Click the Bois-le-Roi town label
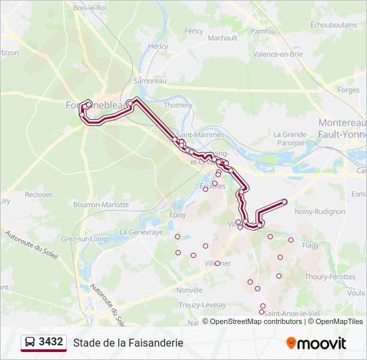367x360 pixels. (x=89, y=7)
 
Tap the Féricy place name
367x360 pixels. (x=194, y=31)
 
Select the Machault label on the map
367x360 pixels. (x=222, y=38)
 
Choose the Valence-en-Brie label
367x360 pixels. (x=278, y=54)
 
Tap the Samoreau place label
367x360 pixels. (x=149, y=81)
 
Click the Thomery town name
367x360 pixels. (x=178, y=105)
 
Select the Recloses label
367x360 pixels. (x=39, y=195)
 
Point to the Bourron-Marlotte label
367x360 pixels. (x=101, y=205)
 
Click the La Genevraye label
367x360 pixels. (x=141, y=232)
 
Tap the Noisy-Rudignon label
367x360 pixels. (x=320, y=211)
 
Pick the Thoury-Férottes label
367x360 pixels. (x=330, y=276)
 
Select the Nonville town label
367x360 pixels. (x=190, y=290)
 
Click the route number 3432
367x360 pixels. (x=51, y=342)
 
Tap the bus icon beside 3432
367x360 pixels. (x=30, y=343)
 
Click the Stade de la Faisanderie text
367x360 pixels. (x=128, y=343)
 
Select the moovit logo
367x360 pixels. (x=316, y=343)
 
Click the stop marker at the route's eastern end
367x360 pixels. (x=284, y=201)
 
